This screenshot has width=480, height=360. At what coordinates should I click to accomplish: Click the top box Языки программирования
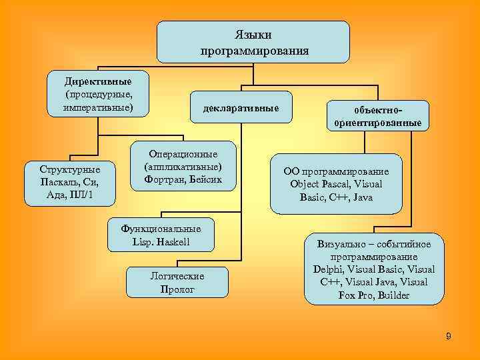pyautogui.click(x=253, y=42)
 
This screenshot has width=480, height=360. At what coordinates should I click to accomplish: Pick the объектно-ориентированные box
pyautogui.click(x=378, y=115)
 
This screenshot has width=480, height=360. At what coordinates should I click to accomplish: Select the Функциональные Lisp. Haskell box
pyautogui.click(x=161, y=235)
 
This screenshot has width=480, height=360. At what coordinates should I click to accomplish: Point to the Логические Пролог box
pyautogui.click(x=177, y=283)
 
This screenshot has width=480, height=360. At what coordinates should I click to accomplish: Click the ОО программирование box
pyautogui.click(x=336, y=184)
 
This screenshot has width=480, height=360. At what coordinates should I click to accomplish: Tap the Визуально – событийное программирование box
pyautogui.click(x=373, y=269)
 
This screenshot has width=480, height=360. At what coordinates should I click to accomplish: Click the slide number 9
pyautogui.click(x=449, y=336)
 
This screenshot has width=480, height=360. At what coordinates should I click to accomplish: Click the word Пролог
pyautogui.click(x=177, y=289)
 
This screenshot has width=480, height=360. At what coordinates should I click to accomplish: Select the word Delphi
pyautogui.click(x=329, y=269)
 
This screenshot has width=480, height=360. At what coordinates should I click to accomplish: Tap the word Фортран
pyautogui.click(x=165, y=179)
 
